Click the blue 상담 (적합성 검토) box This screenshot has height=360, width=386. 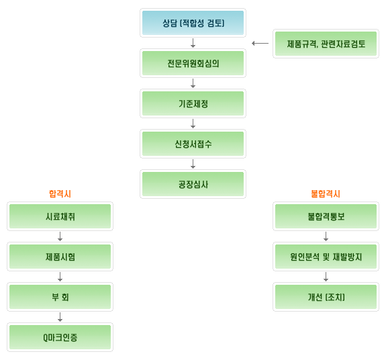[x=193, y=23]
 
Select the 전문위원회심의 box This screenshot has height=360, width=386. [x=193, y=63]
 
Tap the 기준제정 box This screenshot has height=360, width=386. [x=193, y=103]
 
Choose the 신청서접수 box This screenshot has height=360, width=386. [x=193, y=144]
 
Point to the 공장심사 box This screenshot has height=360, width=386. [x=193, y=184]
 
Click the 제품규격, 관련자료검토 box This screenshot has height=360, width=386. [x=326, y=44]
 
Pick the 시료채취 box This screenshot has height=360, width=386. [x=60, y=216]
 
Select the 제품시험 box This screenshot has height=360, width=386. [x=60, y=257]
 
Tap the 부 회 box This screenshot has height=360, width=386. [x=60, y=297]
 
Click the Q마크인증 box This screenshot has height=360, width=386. [x=60, y=337]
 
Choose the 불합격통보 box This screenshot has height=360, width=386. [x=326, y=216]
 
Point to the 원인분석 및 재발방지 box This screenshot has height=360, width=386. [x=326, y=257]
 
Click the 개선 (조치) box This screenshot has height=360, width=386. [x=326, y=297]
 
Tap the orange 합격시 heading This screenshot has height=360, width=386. [x=60, y=194]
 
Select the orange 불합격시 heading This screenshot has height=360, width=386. [x=326, y=194]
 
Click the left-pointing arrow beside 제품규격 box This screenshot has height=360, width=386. [x=260, y=44]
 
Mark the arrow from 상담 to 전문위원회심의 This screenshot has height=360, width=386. [x=193, y=43]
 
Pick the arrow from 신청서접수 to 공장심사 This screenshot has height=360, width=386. [x=193, y=164]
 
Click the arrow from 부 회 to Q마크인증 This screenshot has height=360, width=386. [x=60, y=317]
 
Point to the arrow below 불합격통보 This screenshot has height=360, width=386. [x=326, y=236]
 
